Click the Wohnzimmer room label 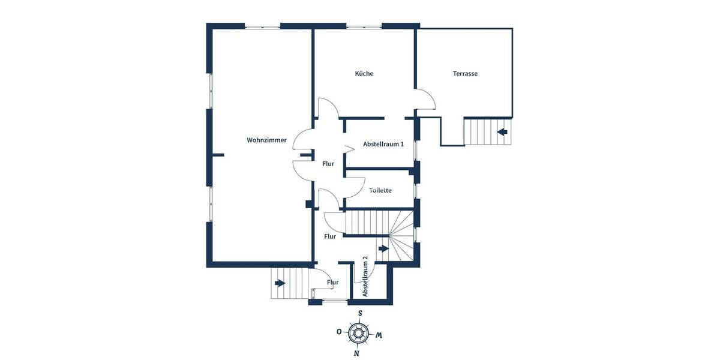point(266,140)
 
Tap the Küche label point(364,74)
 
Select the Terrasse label point(465,74)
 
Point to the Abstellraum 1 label point(383,144)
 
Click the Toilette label point(380,190)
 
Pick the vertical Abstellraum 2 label point(365,277)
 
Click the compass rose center point(359,332)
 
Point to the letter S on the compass point(360,313)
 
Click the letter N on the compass point(357,353)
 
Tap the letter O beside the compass point(339,332)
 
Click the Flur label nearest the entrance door point(333,282)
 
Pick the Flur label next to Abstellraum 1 point(328,164)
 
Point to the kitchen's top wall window point(364,26)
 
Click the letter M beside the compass point(379,335)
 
